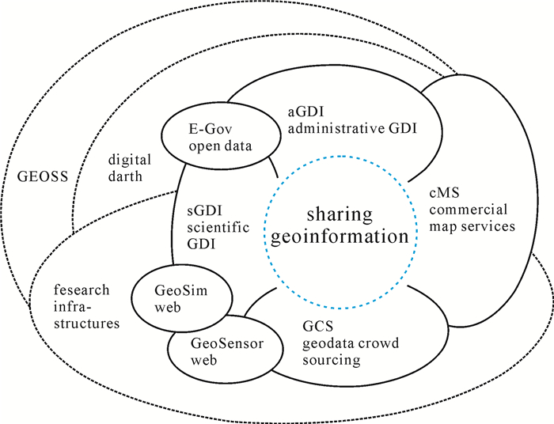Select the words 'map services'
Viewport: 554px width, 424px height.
tap(472, 225)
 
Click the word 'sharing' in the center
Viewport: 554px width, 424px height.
tap(342, 215)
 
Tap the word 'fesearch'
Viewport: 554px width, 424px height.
tap(76, 292)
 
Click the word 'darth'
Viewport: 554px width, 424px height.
tap(124, 176)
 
